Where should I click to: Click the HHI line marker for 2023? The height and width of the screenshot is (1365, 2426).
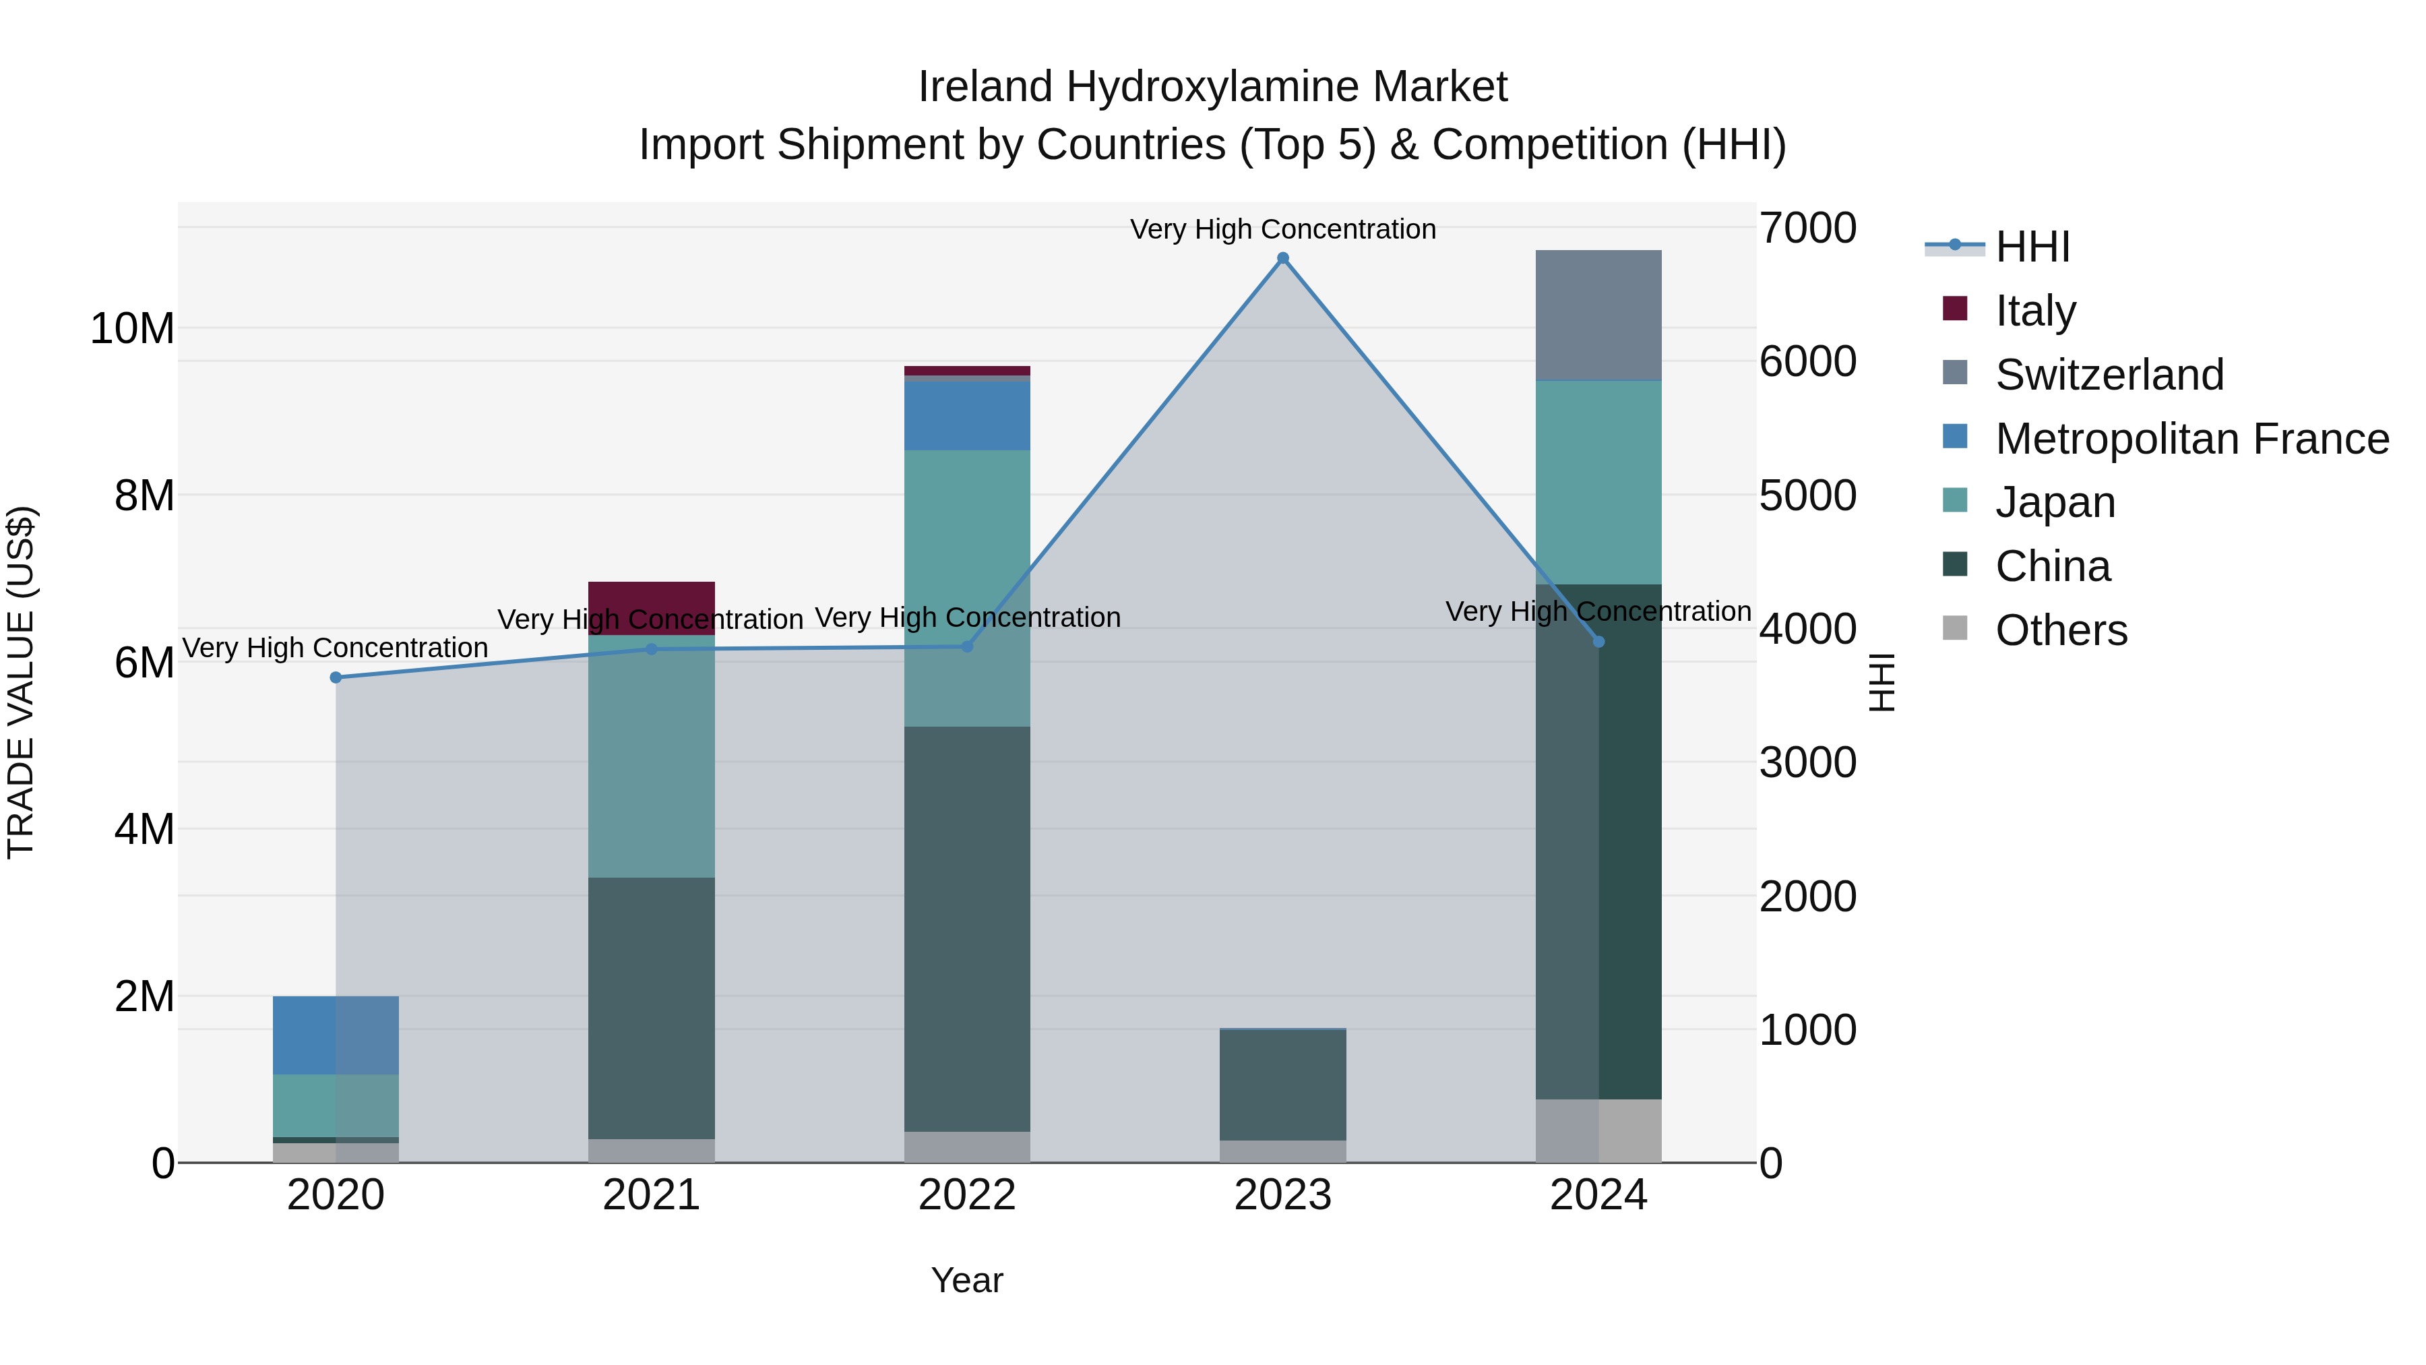coord(1282,258)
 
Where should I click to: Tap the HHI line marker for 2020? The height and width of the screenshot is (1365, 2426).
coord(336,677)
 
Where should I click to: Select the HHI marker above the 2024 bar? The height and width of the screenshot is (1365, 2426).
coord(1598,642)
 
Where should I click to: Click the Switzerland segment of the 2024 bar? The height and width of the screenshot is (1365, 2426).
coord(1598,315)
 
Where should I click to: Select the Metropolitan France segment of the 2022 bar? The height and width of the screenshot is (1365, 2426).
coord(966,415)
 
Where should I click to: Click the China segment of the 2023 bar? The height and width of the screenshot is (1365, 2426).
coord(1282,1085)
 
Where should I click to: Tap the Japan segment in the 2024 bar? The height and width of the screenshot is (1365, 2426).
coord(1598,483)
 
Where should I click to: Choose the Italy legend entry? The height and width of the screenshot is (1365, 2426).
coord(2034,310)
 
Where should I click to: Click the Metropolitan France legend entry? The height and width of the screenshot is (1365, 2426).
coord(2191,438)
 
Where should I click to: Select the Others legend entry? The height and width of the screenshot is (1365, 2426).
coord(2061,630)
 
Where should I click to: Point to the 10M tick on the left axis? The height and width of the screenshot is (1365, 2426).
coord(132,329)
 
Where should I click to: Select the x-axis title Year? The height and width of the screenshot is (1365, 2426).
coord(966,1280)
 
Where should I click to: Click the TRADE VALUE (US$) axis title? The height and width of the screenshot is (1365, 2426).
coord(21,682)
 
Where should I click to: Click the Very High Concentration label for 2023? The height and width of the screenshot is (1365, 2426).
coord(1282,229)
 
